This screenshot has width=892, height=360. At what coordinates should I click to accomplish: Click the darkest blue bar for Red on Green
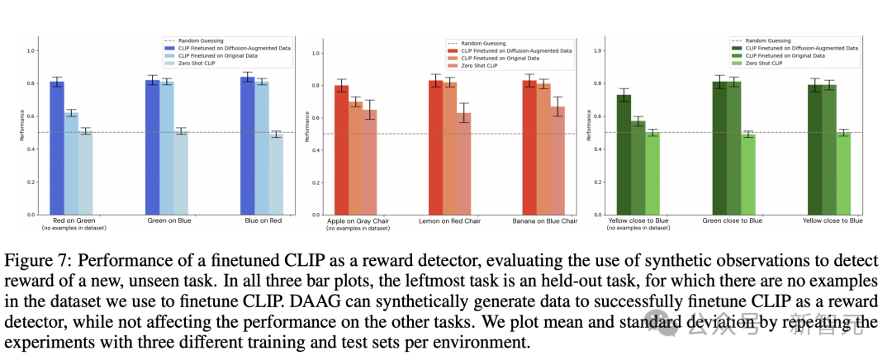pos(57,149)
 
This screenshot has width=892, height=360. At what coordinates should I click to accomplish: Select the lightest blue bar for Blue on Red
pos(276,174)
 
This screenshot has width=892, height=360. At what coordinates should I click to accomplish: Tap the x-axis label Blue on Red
pos(261,221)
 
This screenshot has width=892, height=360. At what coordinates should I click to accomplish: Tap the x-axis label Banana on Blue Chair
pos(545,221)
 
